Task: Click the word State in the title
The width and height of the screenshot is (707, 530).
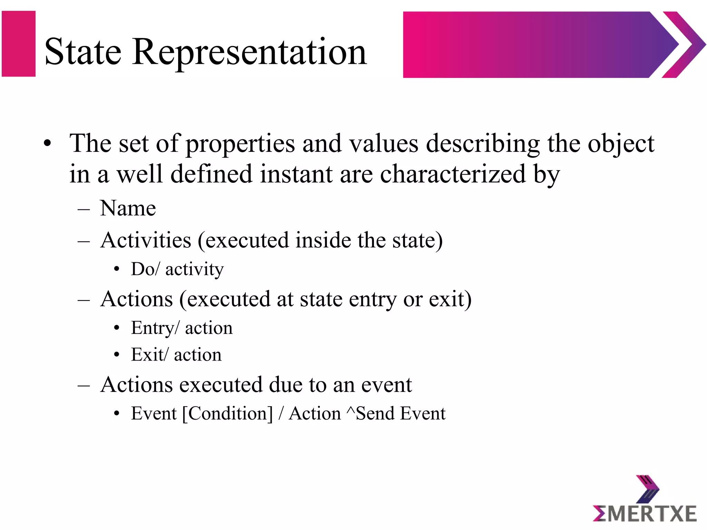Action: point(83,52)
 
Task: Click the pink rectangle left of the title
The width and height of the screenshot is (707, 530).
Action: point(19,44)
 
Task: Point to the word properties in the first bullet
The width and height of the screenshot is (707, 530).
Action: point(240,144)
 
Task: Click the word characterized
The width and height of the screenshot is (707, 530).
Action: point(453,174)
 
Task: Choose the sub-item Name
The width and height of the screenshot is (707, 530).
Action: point(128,208)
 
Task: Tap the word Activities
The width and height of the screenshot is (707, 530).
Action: point(146,240)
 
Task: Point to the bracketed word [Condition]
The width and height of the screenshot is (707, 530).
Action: point(227,413)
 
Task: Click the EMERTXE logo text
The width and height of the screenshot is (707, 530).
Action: point(645,514)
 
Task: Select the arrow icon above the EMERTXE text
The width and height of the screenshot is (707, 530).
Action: point(647,489)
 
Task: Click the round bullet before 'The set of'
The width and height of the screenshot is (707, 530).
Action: point(47,144)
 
